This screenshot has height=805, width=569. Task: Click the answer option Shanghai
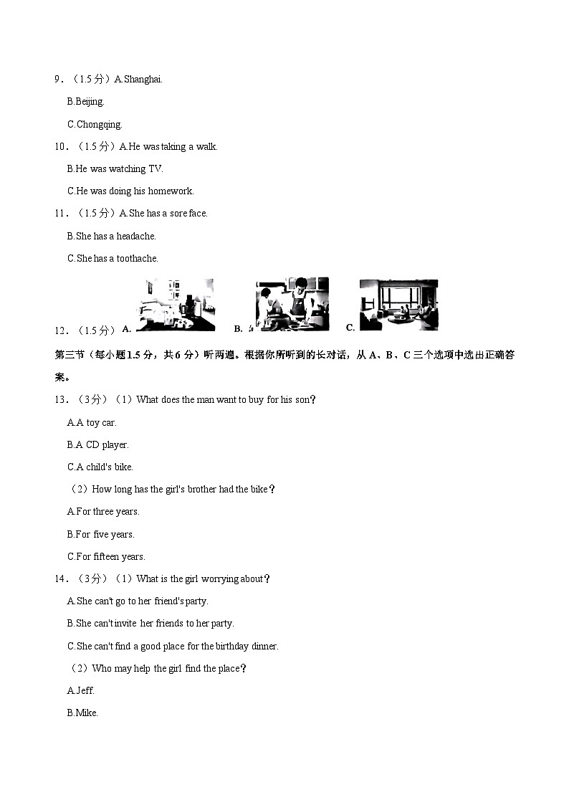click(x=143, y=80)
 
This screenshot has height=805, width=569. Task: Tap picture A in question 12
click(x=175, y=305)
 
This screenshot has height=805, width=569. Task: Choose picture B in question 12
click(x=291, y=305)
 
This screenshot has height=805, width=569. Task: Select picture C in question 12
click(x=398, y=305)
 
